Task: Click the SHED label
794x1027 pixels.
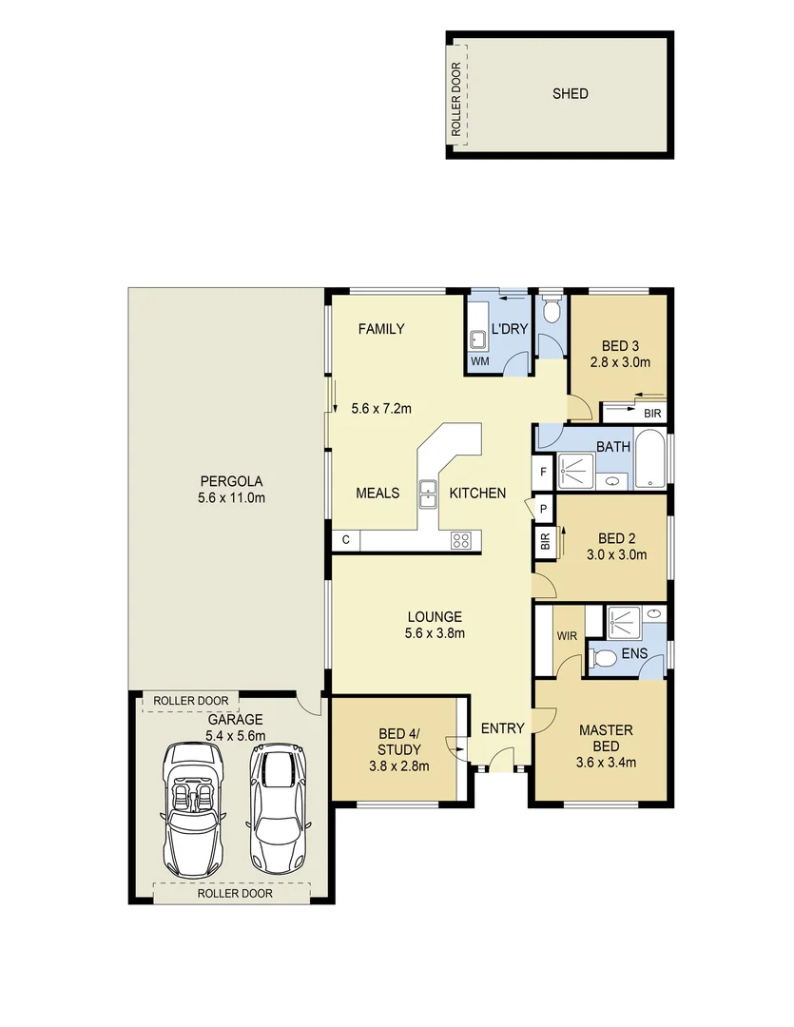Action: [x=570, y=93]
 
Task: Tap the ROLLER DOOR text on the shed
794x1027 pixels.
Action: [x=456, y=100]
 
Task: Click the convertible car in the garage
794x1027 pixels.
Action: [x=194, y=808]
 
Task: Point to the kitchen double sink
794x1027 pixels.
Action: [x=427, y=494]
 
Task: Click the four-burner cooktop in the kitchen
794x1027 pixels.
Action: [x=461, y=540]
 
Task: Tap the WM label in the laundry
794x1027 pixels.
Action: [x=479, y=362]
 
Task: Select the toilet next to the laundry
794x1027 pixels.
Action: [x=549, y=312]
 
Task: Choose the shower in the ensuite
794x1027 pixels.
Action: [x=624, y=622]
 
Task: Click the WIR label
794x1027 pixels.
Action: [x=567, y=634]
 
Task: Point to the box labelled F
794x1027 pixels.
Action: [x=543, y=472]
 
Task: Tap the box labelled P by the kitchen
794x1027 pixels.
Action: [x=543, y=509]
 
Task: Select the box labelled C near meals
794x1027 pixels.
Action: [x=346, y=540]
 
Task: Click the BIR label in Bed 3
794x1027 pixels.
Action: [x=651, y=414]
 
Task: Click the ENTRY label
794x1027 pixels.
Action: [x=502, y=728]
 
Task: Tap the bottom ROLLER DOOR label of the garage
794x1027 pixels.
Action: [x=234, y=893]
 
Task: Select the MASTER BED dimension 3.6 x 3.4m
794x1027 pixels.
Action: [x=606, y=762]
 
